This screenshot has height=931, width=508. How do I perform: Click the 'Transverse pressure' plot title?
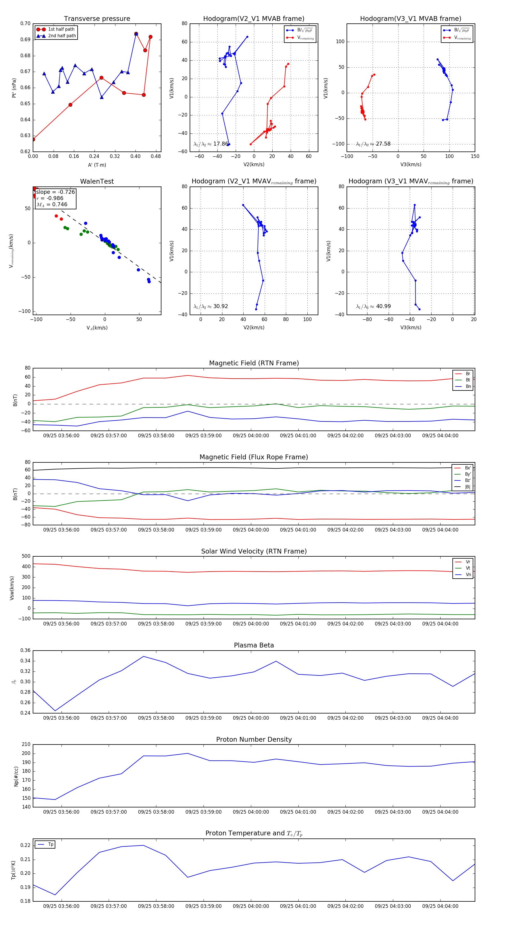pyautogui.click(x=97, y=19)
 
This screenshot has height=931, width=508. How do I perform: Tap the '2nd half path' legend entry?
pyautogui.click(x=62, y=36)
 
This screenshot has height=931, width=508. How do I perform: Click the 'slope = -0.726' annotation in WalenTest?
pyautogui.click(x=55, y=192)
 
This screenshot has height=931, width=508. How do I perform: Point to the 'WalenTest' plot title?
pyautogui.click(x=97, y=181)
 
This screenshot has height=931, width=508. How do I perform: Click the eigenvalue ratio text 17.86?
pyautogui.click(x=220, y=144)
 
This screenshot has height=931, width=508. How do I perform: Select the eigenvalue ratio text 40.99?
pyautogui.click(x=383, y=306)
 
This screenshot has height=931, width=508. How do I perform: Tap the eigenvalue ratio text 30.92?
pyautogui.click(x=220, y=306)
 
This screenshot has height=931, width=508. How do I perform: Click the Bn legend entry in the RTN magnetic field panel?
pyautogui.click(x=468, y=386)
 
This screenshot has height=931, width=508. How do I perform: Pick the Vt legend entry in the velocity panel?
pyautogui.click(x=468, y=568)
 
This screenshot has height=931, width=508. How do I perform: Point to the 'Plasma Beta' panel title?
pyautogui.click(x=254, y=645)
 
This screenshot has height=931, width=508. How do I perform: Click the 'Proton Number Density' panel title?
pyautogui.click(x=254, y=739)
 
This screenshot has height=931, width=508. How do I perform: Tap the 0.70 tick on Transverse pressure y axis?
pyautogui.click(x=25, y=23)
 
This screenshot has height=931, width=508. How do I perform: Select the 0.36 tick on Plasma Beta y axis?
pyautogui.click(x=25, y=651)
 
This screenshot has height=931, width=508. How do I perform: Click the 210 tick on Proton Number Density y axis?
pyautogui.click(x=26, y=745)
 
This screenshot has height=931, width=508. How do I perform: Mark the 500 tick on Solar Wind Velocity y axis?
pyautogui.click(x=26, y=556)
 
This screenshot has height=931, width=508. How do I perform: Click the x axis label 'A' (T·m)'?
pyautogui.click(x=97, y=165)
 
